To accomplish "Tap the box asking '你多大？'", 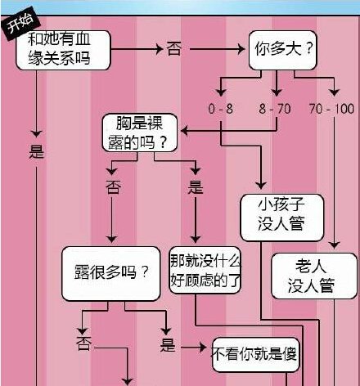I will click(282, 50).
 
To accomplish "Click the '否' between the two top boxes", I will click(173, 49).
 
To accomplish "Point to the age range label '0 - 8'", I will click(221, 109).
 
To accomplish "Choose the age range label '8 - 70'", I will click(277, 109).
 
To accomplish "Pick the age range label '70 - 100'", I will click(334, 109).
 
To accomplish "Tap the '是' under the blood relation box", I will click(36, 151).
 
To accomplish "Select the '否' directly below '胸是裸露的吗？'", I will click(113, 186).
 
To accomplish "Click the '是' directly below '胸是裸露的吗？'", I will click(195, 186).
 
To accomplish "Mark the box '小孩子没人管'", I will click(281, 215).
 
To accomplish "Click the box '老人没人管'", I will click(315, 275).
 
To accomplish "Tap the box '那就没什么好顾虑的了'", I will click(205, 271).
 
